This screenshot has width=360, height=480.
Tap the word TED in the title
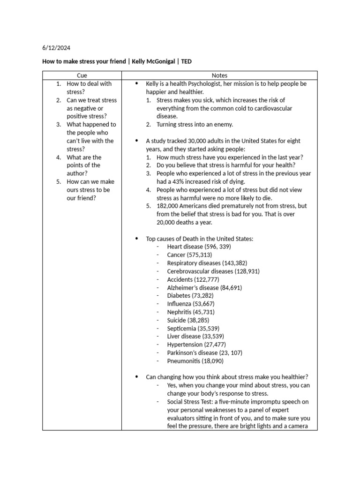[x=186, y=61]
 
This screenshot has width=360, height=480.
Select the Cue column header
[x=82, y=75]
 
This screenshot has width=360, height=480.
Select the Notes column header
[x=219, y=75]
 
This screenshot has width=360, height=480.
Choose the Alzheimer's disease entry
[x=204, y=287]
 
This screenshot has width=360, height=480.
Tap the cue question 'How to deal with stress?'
[x=89, y=88]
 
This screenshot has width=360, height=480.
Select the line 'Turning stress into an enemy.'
[x=195, y=124]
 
